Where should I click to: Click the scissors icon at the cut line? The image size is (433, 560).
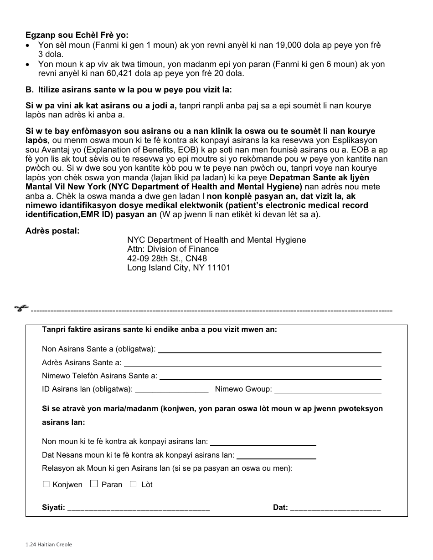pos(21,308)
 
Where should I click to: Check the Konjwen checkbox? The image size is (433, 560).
pos(46,484)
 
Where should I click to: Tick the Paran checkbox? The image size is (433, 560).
pos(94,484)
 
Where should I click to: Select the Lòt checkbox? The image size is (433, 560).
pos(133,484)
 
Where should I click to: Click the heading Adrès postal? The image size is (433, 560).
pos(52,231)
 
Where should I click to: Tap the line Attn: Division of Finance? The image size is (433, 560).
pos(173,249)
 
